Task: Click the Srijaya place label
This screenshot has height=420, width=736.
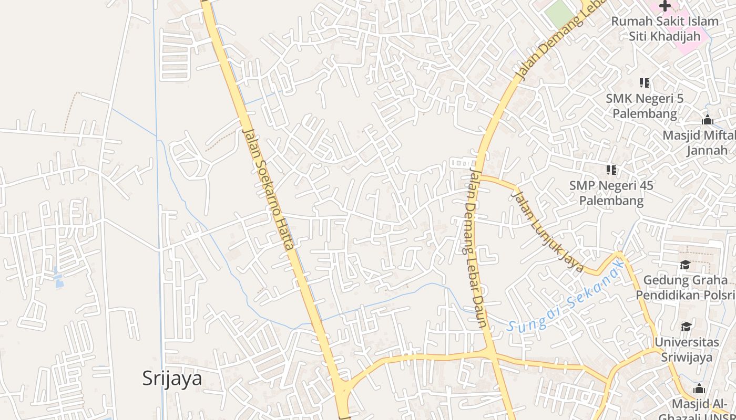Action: (x=172, y=378)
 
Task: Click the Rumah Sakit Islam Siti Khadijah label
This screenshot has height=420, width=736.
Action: (x=665, y=29)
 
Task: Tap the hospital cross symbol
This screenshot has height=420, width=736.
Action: (x=665, y=6)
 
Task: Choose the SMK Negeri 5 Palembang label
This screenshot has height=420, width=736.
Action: (x=645, y=106)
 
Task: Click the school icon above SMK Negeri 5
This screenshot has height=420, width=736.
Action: (x=645, y=82)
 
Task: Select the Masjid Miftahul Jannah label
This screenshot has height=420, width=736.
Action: (x=699, y=143)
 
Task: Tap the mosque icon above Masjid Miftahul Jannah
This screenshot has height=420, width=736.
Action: (x=707, y=120)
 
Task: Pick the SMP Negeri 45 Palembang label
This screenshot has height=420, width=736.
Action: (x=611, y=193)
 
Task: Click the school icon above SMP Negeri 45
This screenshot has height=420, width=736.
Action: (x=611, y=170)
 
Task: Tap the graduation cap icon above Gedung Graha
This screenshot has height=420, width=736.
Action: (x=685, y=265)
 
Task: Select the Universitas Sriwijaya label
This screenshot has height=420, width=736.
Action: (x=687, y=350)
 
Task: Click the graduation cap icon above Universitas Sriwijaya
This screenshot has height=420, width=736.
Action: (x=686, y=327)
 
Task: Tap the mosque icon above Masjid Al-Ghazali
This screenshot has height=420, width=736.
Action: (x=699, y=389)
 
